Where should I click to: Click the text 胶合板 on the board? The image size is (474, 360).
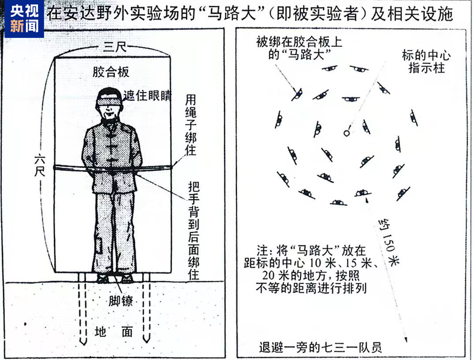point(111,72)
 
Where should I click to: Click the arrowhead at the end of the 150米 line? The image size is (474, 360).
point(406,339)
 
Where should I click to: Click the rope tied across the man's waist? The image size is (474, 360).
point(113,168)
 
